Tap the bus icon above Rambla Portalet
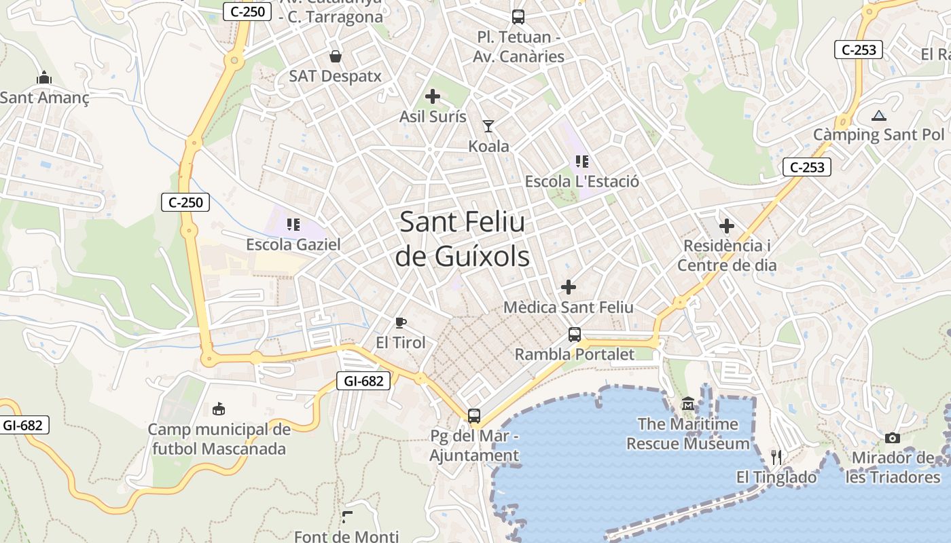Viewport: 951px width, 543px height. click(575, 334)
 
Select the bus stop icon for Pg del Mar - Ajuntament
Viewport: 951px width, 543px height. click(474, 415)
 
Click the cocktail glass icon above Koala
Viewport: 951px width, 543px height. click(488, 126)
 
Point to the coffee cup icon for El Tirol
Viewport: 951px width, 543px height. click(401, 322)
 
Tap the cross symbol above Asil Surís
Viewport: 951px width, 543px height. click(433, 96)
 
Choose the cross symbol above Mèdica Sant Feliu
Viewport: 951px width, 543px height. click(569, 287)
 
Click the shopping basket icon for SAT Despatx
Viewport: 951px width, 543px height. click(336, 56)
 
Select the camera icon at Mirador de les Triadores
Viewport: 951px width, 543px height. click(893, 438)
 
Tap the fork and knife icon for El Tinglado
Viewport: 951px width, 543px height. click(776, 457)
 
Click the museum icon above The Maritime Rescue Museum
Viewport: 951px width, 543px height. click(688, 405)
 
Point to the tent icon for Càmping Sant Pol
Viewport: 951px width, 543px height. click(879, 115)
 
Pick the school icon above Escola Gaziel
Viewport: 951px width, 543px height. click(293, 224)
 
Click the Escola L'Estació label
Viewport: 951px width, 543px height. click(582, 182)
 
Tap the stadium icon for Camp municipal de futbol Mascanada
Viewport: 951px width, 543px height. click(219, 409)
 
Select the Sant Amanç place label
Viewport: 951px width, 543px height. click(45, 98)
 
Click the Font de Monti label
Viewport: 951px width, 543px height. click(346, 536)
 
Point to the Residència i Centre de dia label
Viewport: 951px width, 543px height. click(727, 255)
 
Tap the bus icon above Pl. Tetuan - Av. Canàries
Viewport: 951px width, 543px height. click(518, 17)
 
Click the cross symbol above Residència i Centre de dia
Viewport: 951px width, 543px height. click(727, 225)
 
